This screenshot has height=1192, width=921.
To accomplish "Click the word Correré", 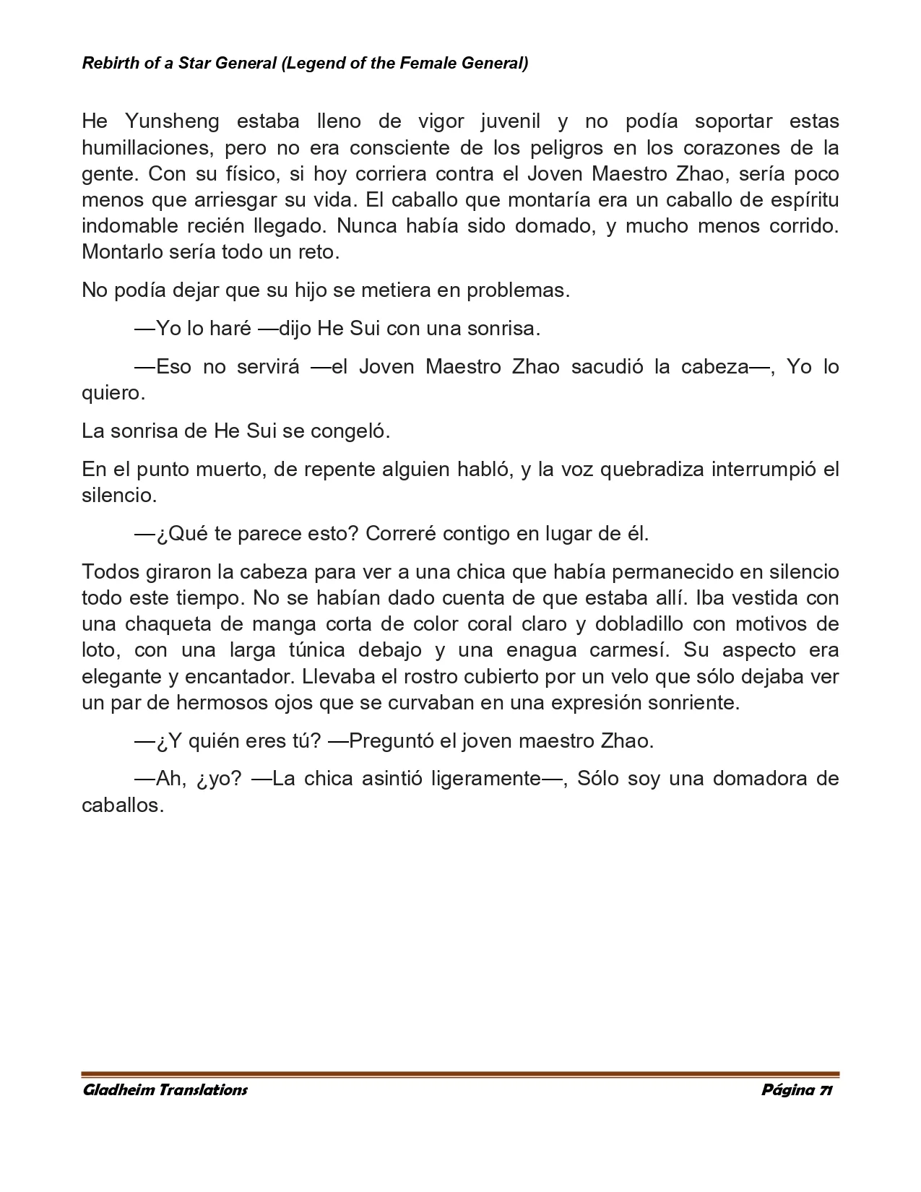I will pos(401,534).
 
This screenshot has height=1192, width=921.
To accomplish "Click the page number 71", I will pos(826,1090).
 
